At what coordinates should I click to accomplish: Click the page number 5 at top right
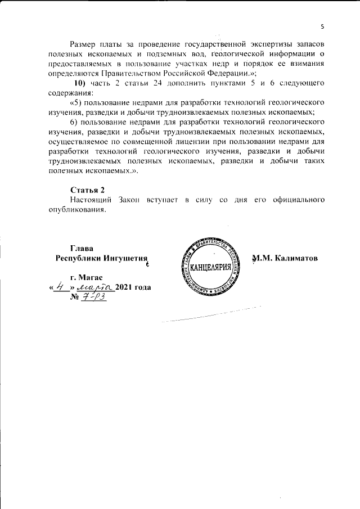pyautogui.click(x=322, y=26)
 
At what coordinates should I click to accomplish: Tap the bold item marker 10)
pyautogui.click(x=76, y=84)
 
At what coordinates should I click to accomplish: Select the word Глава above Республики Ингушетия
pyautogui.click(x=82, y=248)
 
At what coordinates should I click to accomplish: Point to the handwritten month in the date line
pyautogui.click(x=96, y=287)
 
